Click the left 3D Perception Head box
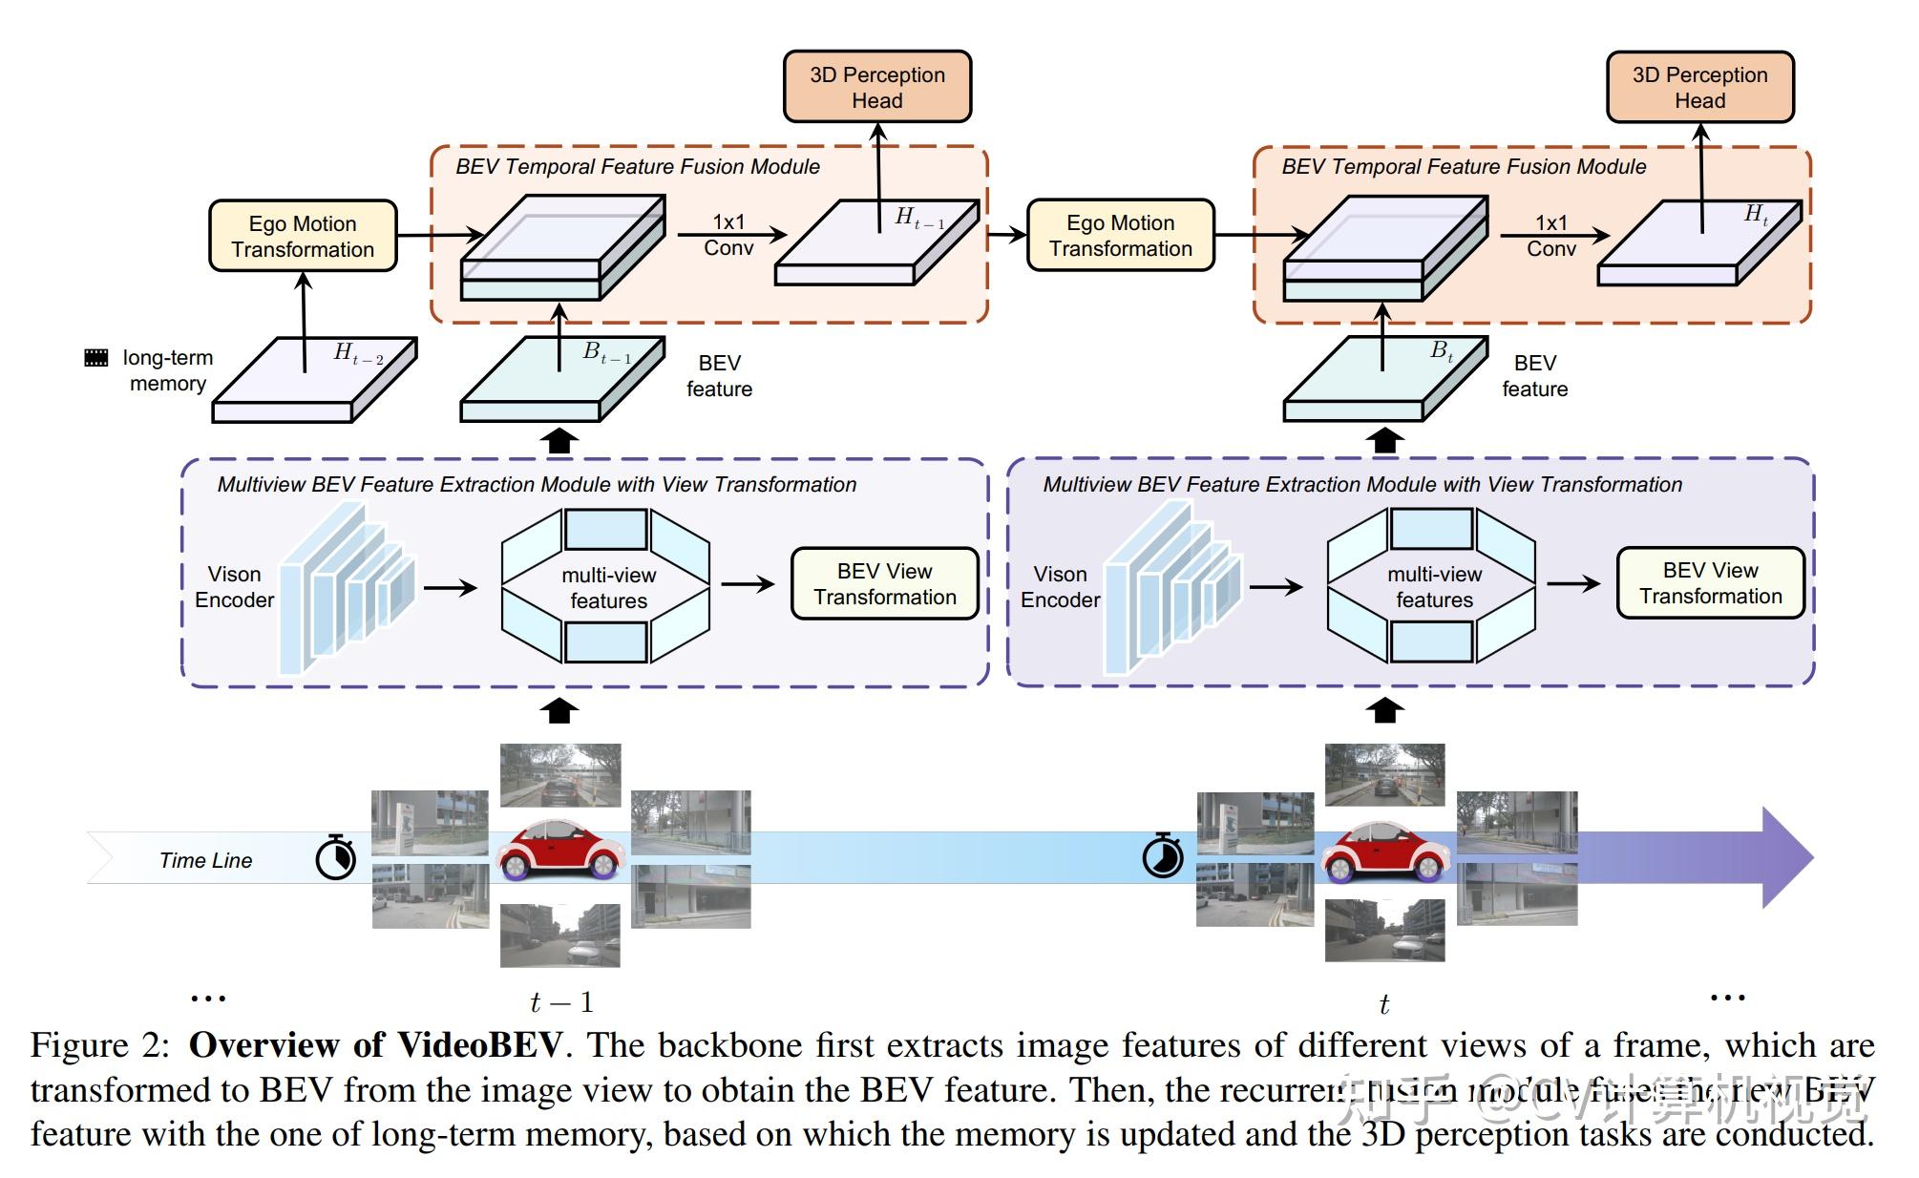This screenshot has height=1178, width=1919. coord(876,87)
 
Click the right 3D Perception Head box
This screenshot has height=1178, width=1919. coord(1699,87)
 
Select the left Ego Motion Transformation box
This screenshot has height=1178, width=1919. coord(303,236)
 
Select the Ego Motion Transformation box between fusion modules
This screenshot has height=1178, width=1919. coord(1120,235)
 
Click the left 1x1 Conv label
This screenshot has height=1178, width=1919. coord(728,235)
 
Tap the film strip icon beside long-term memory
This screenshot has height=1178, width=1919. coord(96,358)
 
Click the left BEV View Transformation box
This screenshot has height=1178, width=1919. coord(884,583)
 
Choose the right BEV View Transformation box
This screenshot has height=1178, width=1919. coord(1710,582)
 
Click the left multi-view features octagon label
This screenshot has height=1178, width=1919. coord(608,587)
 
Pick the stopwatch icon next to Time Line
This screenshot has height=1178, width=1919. coord(336,856)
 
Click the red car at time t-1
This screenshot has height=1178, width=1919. coord(560,851)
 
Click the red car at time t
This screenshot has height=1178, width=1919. coord(1384,851)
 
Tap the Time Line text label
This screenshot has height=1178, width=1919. coord(205,860)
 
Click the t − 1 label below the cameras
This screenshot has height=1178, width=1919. coord(561,1002)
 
